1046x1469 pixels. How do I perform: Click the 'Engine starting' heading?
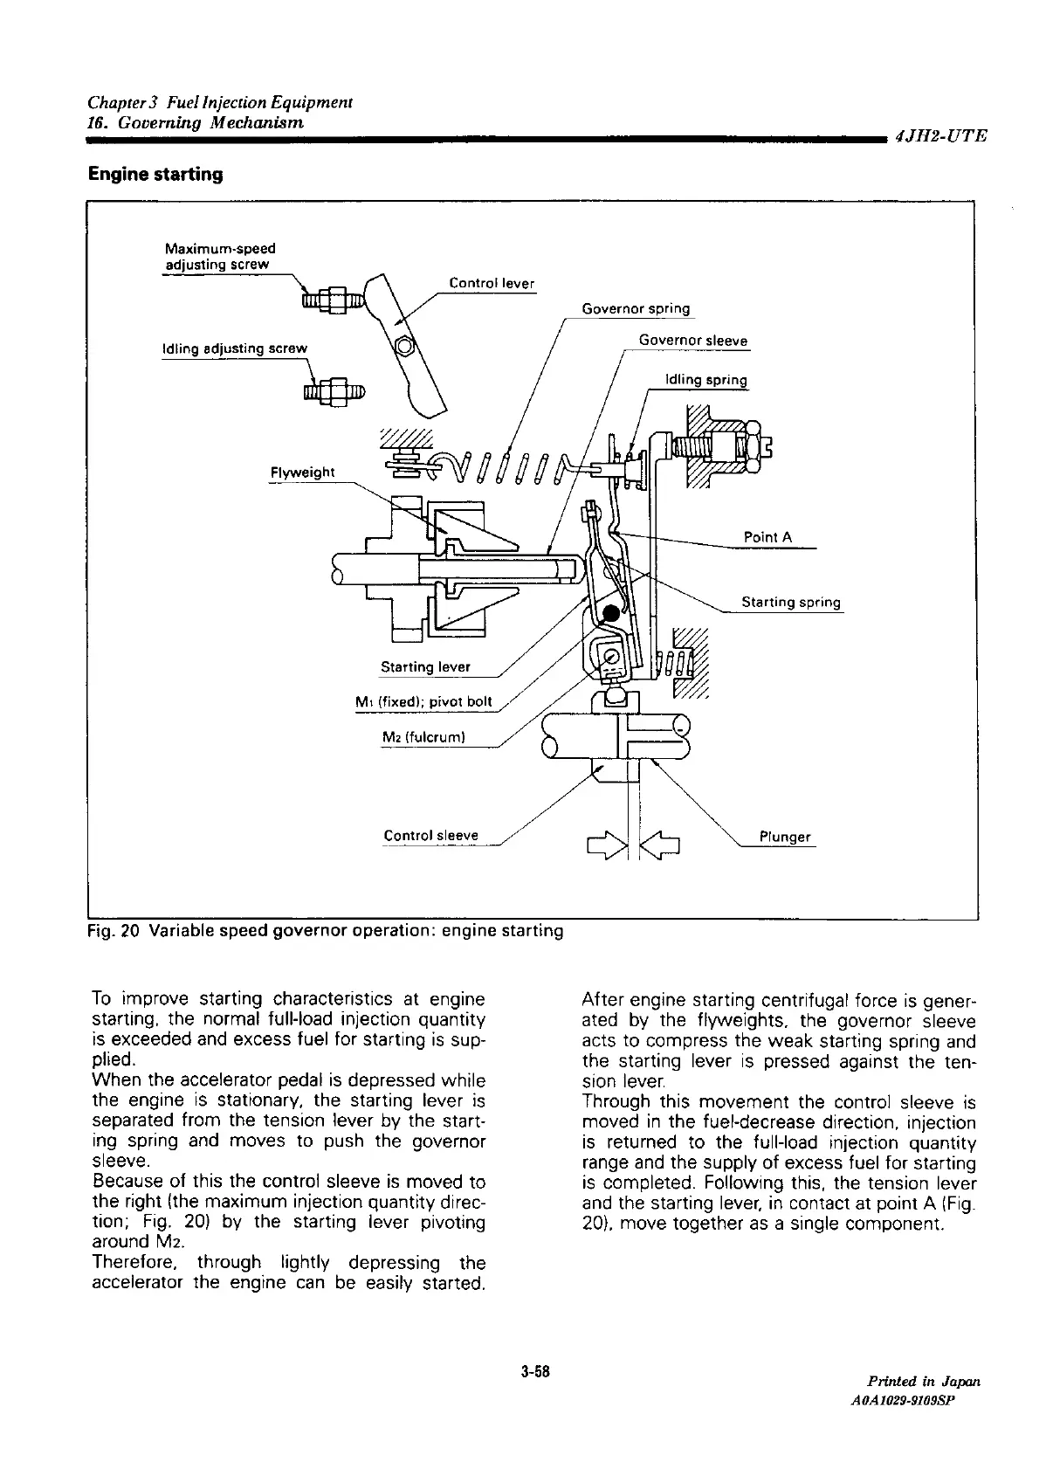155,175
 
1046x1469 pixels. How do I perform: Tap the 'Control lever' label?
491,283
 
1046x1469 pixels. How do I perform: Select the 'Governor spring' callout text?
635,308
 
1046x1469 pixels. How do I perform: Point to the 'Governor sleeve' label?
692,341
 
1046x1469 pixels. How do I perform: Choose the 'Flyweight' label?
302,472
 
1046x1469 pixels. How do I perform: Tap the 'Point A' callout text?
767,537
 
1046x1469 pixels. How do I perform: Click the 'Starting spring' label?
790,602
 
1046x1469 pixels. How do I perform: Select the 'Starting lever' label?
425,667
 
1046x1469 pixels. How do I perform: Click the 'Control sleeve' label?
430,836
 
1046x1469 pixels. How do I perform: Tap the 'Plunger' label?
784,837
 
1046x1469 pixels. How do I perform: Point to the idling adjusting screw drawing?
334,390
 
